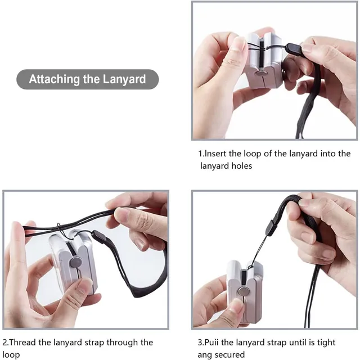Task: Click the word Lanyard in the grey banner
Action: click(x=124, y=79)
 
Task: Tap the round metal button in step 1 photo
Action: click(x=261, y=74)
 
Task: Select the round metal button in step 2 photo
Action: click(x=76, y=262)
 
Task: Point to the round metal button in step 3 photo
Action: click(x=242, y=292)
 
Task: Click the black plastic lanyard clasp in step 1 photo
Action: click(x=293, y=48)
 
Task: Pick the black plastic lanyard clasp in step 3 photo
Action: click(x=271, y=227)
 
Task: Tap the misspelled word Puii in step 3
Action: click(x=211, y=343)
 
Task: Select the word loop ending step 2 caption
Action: click(x=11, y=355)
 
